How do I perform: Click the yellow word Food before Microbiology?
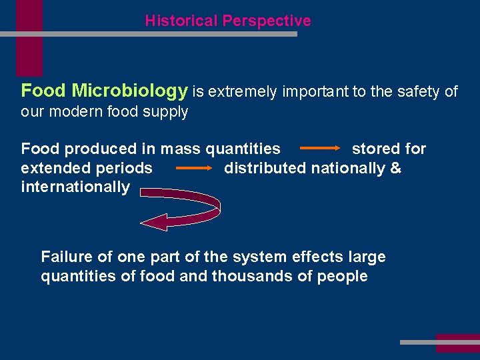[x=44, y=91]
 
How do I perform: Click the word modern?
[x=73, y=111]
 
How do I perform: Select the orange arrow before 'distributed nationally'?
[x=193, y=169]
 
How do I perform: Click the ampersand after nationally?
[x=396, y=168]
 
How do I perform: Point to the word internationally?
[x=75, y=187]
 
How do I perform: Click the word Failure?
[x=65, y=257]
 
